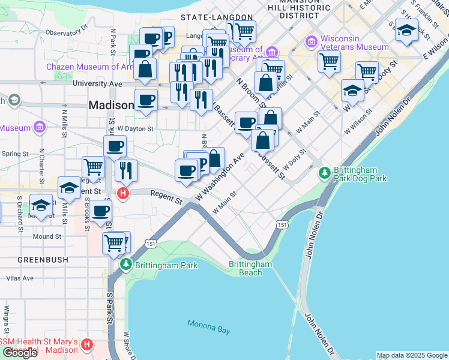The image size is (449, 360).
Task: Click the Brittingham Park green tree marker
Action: [125, 264]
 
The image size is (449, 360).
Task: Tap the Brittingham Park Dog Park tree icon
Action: [325, 173]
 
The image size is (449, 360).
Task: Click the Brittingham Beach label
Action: [250, 268]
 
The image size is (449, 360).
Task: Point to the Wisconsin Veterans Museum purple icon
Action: [312, 41]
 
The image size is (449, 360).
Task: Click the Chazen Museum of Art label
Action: [88, 67]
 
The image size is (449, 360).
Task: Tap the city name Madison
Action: [111, 105]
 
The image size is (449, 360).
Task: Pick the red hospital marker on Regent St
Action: [123, 193]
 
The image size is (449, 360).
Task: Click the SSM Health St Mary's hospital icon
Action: [87, 344]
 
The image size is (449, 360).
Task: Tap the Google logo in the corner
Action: [20, 353]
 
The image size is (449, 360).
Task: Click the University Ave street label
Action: [93, 83]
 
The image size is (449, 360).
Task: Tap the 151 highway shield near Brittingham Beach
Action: [282, 224]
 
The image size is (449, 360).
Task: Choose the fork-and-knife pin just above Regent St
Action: [126, 169]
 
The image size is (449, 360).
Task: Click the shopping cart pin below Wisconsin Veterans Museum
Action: [329, 60]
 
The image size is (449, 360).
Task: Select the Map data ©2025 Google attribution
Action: [411, 355]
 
